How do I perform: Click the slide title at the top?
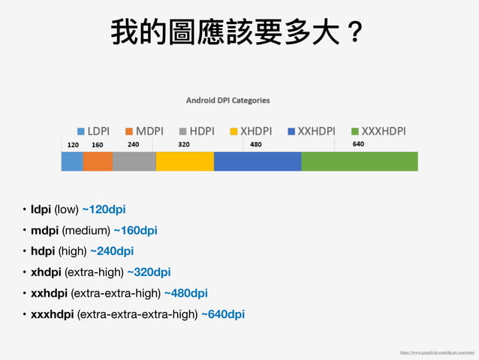click(x=238, y=32)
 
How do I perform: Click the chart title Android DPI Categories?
click(x=228, y=100)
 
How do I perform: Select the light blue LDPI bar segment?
click(x=71, y=162)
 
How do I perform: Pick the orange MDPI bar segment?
click(x=97, y=162)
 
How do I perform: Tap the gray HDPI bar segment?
click(x=134, y=162)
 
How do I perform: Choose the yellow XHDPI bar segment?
click(x=185, y=162)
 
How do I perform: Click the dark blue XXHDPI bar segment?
click(x=258, y=162)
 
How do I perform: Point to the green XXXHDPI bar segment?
click(x=360, y=162)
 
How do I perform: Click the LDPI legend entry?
click(x=92, y=131)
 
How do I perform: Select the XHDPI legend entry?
click(x=250, y=131)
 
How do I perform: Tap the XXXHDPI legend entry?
click(x=378, y=131)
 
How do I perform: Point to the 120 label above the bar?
click(x=73, y=144)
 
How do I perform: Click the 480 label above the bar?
click(x=256, y=144)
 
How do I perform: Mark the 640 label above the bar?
click(x=358, y=144)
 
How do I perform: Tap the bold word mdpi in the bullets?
click(x=44, y=230)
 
